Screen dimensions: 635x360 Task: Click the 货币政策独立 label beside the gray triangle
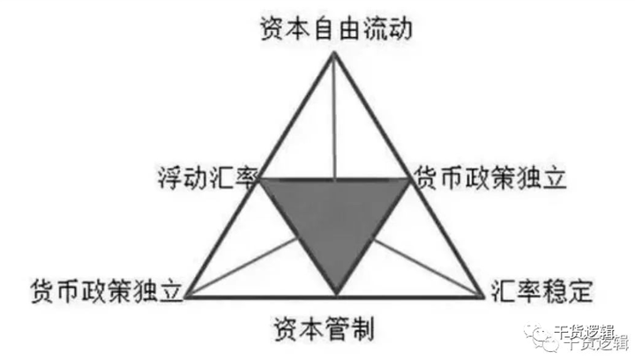[x=491, y=177]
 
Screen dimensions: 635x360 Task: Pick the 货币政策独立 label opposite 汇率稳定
[x=106, y=290]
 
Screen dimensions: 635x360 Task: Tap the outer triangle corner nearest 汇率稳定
[x=485, y=296]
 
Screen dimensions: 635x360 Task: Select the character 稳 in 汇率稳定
[x=558, y=289]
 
